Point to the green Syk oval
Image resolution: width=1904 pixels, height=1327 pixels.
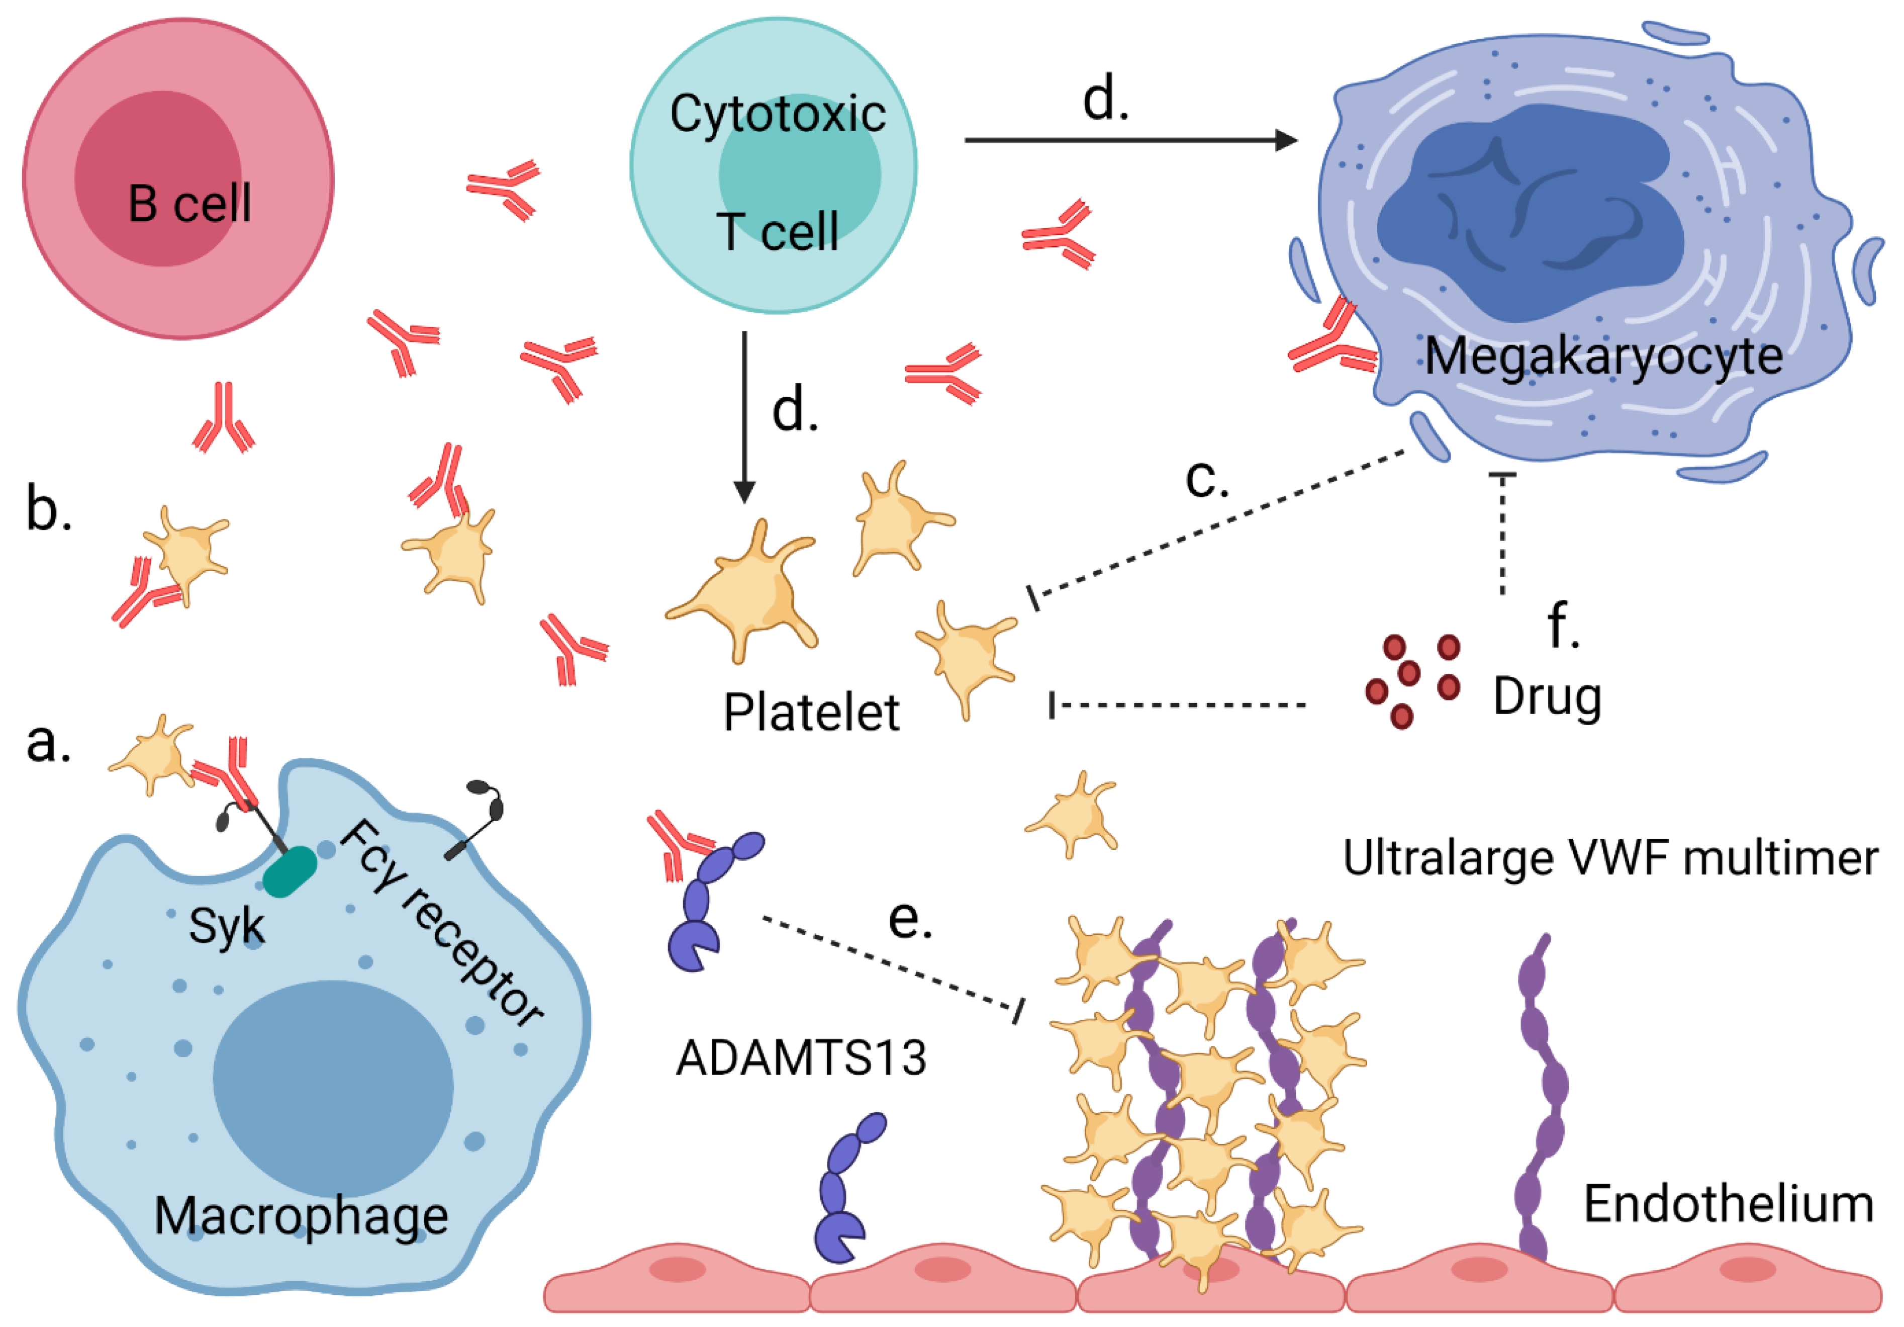(290, 871)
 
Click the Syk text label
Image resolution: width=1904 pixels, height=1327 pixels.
(226, 926)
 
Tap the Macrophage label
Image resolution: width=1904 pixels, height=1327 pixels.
(301, 1216)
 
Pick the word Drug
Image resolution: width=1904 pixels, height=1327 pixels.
(1547, 696)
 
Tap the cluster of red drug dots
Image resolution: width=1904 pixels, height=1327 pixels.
(1412, 680)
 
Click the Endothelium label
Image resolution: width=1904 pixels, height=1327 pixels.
(1728, 1204)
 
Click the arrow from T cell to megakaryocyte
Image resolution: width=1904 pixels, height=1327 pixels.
(1128, 140)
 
